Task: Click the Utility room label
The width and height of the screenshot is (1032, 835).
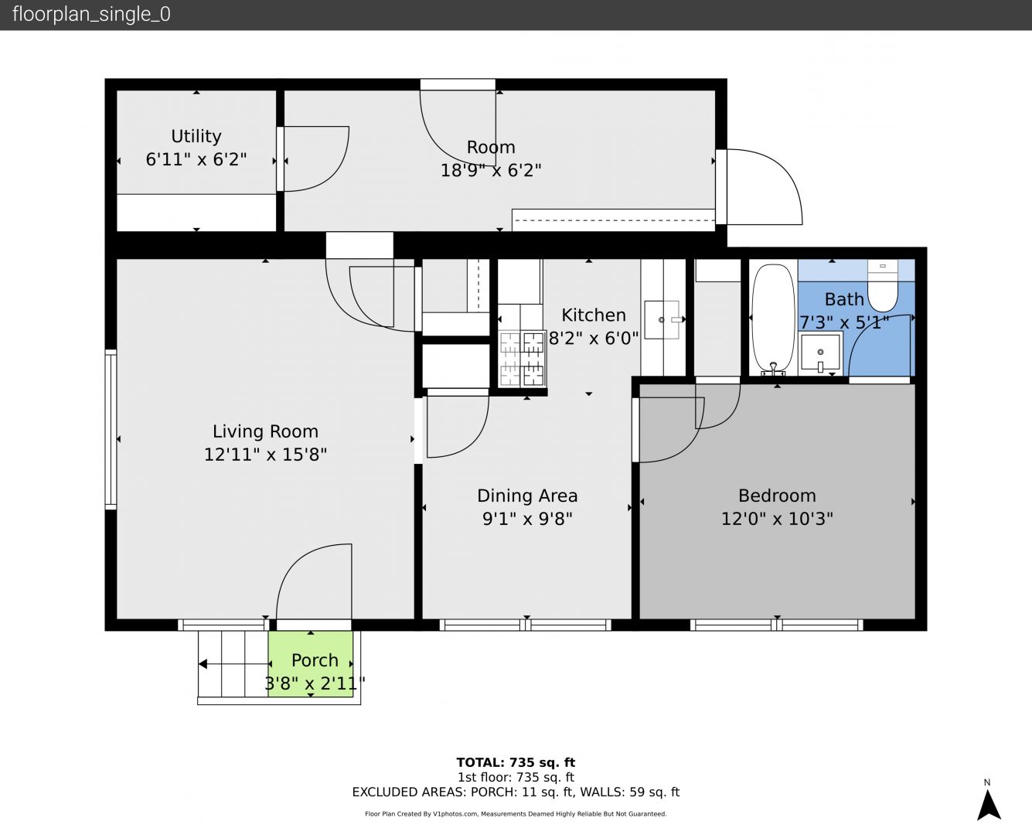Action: (196, 136)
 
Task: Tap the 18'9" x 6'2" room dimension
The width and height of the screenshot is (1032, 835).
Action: (491, 170)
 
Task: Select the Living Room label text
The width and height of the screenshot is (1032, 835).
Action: (265, 431)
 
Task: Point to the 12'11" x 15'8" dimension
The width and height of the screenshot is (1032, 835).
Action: (265, 455)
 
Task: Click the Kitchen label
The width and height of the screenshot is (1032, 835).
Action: (594, 315)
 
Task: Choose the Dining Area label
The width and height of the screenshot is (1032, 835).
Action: (527, 496)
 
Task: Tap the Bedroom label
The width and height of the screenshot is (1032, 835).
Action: (777, 496)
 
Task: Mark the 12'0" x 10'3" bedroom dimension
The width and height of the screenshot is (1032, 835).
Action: (777, 519)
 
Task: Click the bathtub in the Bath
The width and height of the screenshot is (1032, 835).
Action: (773, 320)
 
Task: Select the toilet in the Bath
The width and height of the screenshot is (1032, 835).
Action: (882, 286)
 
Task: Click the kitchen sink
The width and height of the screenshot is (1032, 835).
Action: (662, 320)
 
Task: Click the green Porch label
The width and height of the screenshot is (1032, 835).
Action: (315, 660)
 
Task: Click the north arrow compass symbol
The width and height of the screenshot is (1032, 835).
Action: (989, 805)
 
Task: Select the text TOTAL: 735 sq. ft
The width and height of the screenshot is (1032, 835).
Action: (516, 762)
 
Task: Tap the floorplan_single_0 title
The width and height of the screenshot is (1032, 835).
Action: (91, 15)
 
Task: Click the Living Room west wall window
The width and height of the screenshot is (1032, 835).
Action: (111, 429)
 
